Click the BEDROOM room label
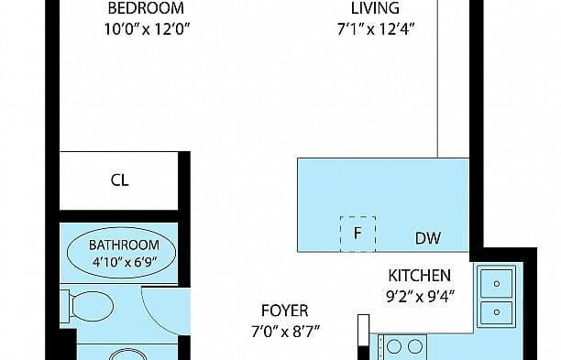pyautogui.click(x=146, y=8)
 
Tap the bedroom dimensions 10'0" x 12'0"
pyautogui.click(x=147, y=29)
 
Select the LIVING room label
pyautogui.click(x=375, y=8)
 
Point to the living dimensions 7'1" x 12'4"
pyautogui.click(x=376, y=29)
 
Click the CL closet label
pyautogui.click(x=119, y=180)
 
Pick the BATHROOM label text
pyautogui.click(x=124, y=245)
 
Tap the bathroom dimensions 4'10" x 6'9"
pyautogui.click(x=125, y=262)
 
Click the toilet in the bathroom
pyautogui.click(x=88, y=306)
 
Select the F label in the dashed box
pyautogui.click(x=357, y=234)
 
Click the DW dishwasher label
pyautogui.click(x=428, y=238)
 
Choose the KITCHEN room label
pyautogui.click(x=419, y=276)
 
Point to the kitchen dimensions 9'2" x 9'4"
pyautogui.click(x=420, y=297)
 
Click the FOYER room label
pyautogui.click(x=285, y=311)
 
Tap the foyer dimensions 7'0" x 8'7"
pyautogui.click(x=285, y=332)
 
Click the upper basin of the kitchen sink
pyautogui.click(x=496, y=283)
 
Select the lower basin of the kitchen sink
pyautogui.click(x=496, y=312)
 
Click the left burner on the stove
pyautogui.click(x=394, y=346)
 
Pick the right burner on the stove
pyautogui.click(x=415, y=346)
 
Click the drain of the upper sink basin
pyautogui.click(x=497, y=284)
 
